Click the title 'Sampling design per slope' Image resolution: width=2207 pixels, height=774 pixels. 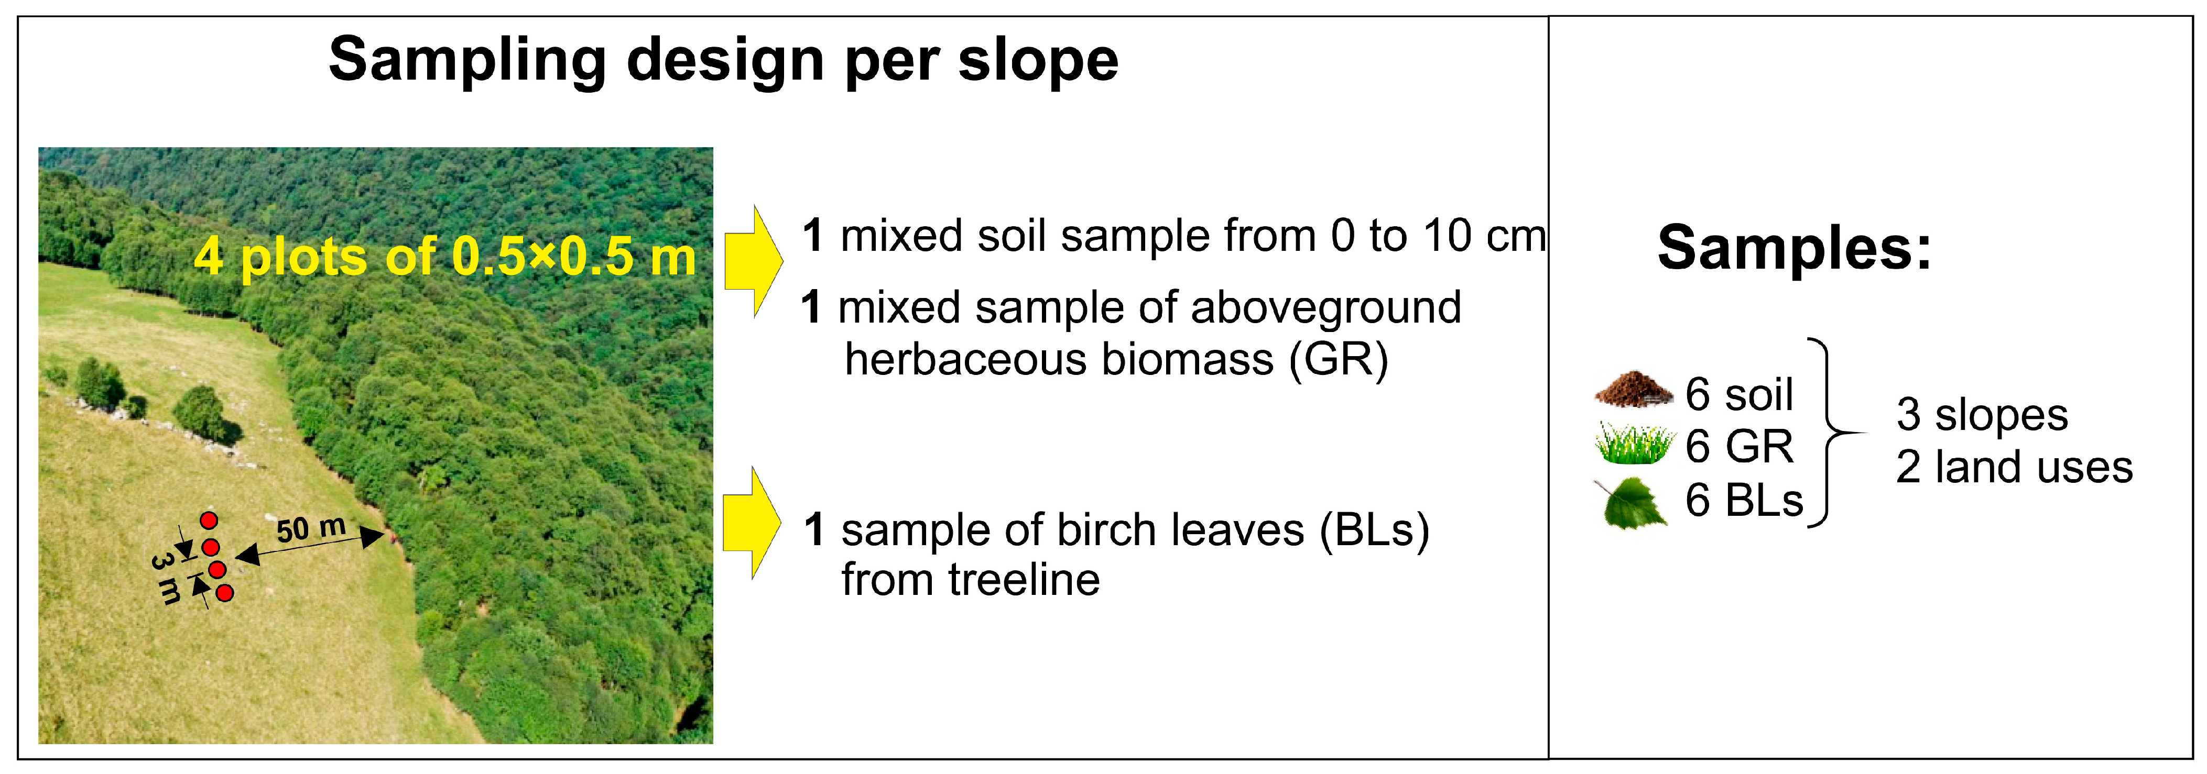click(723, 60)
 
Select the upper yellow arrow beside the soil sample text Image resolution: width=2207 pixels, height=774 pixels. click(753, 261)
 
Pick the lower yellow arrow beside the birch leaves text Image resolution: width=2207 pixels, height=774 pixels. click(752, 522)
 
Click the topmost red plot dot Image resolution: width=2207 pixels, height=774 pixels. click(208, 519)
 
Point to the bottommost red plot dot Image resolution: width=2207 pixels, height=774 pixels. click(224, 592)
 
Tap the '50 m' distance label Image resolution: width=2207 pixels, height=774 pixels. click(311, 528)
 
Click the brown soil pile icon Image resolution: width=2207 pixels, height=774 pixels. click(1634, 390)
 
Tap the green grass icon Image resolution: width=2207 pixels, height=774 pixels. click(1634, 444)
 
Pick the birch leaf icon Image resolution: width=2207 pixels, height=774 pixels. click(1631, 503)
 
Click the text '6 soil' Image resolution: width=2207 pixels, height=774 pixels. click(1739, 395)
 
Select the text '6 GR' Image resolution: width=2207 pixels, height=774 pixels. click(1739, 446)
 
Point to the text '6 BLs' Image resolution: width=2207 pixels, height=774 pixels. click(1744, 500)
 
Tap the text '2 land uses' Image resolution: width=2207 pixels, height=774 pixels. click(2014, 468)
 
